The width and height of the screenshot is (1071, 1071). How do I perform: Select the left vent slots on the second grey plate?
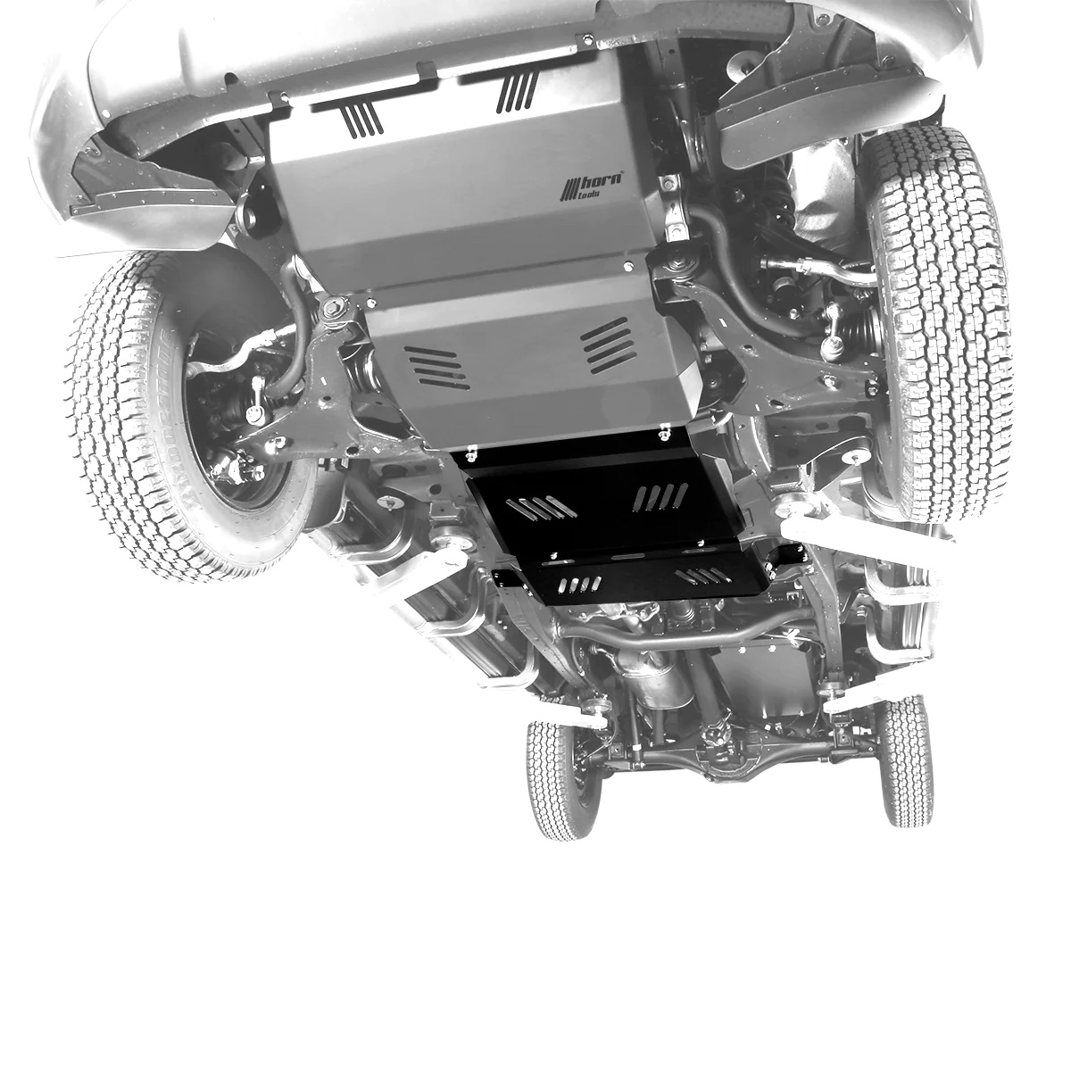[x=436, y=366]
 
